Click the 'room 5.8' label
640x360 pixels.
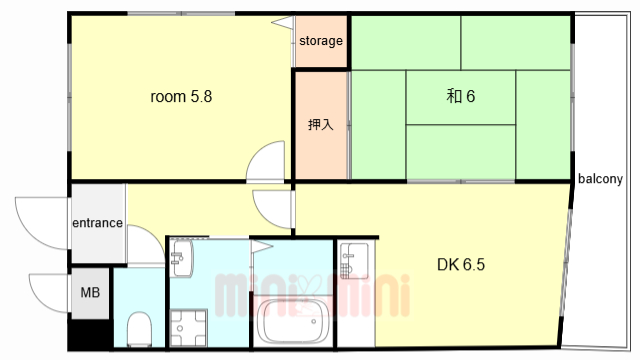(181, 97)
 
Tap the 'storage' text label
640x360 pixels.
(321, 41)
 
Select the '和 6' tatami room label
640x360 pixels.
(460, 96)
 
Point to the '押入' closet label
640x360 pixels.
(321, 124)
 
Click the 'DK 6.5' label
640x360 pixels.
(461, 265)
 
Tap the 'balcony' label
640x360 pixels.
(600, 179)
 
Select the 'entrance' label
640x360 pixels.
(98, 223)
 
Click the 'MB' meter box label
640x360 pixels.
(90, 292)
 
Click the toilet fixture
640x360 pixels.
(140, 329)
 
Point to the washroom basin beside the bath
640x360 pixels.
(182, 258)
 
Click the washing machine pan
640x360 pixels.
(189, 328)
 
